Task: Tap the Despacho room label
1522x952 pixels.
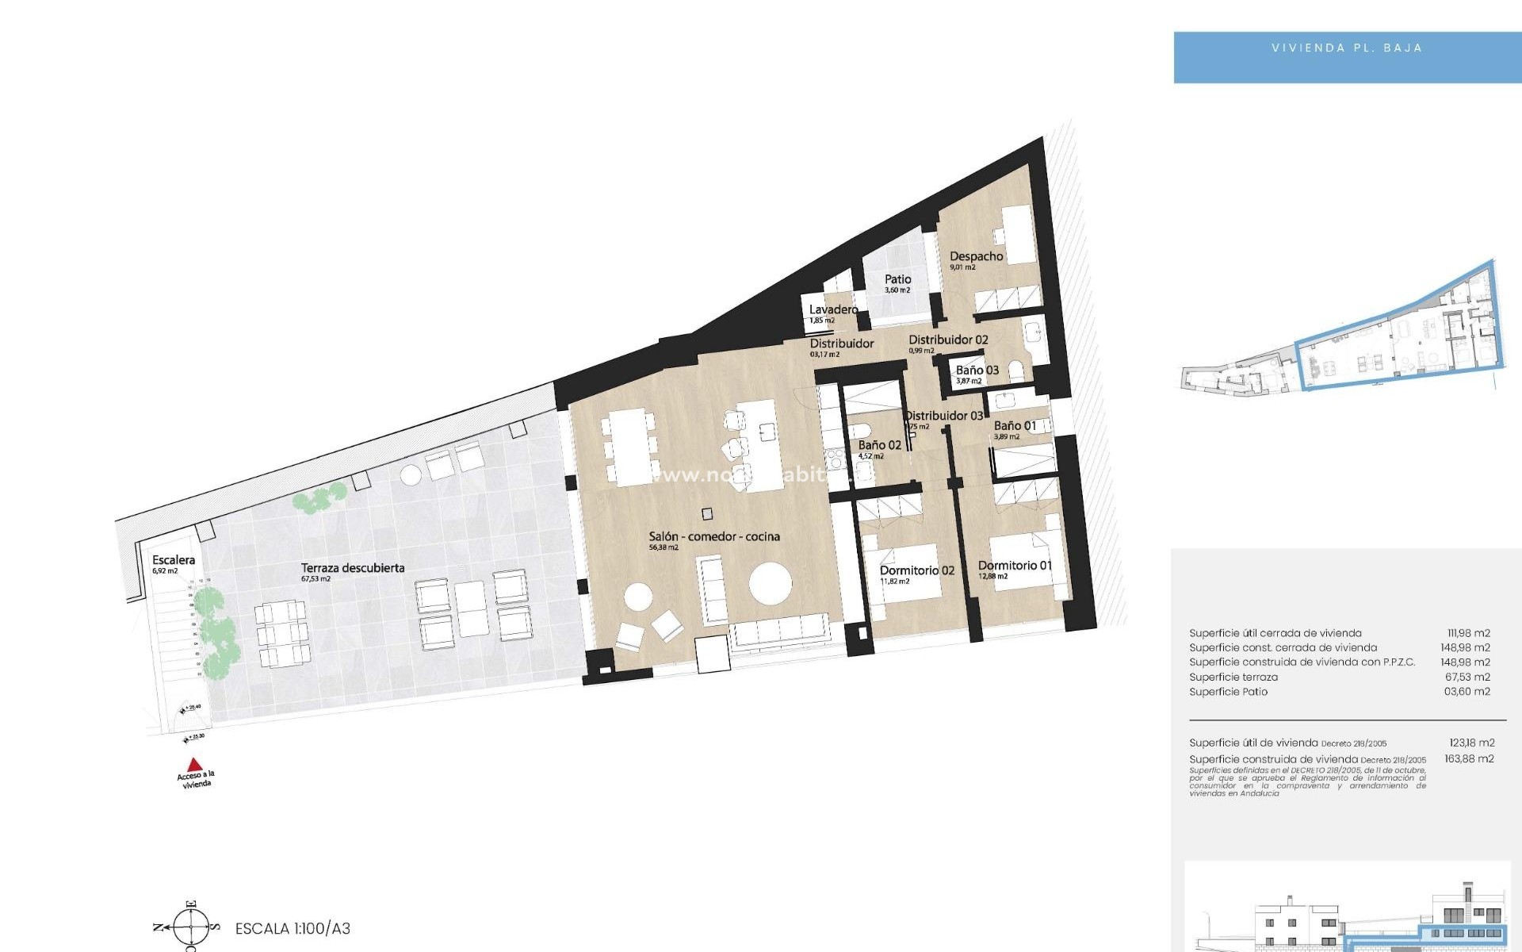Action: pos(976,256)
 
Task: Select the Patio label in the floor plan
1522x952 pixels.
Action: pos(897,279)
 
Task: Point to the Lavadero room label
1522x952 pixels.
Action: pos(833,309)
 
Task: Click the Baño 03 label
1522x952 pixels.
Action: pos(977,370)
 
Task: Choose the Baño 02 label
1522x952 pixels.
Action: pos(879,445)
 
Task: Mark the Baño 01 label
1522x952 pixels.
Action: pos(1015,426)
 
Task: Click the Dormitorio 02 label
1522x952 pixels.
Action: pos(916,570)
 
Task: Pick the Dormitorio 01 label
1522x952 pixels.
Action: pos(1015,566)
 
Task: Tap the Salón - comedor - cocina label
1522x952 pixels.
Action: pos(714,537)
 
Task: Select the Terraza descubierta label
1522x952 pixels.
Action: pos(353,568)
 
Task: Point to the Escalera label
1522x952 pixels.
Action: pos(174,560)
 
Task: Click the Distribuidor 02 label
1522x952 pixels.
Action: pos(948,340)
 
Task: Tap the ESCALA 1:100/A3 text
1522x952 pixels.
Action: pos(293,928)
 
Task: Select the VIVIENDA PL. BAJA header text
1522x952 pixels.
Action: pos(1346,48)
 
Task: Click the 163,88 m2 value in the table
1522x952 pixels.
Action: pos(1469,758)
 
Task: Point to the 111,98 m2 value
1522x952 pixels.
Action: pos(1468,633)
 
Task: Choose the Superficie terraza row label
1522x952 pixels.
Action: pos(1233,677)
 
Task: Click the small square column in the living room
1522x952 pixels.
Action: pos(707,513)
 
